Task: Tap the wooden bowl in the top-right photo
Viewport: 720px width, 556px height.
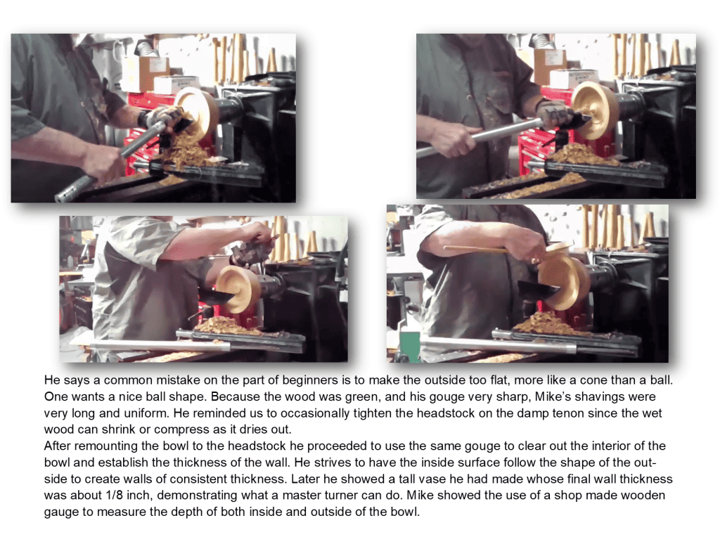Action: tap(596, 110)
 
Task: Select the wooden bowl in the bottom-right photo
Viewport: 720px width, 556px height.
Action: tap(564, 281)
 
